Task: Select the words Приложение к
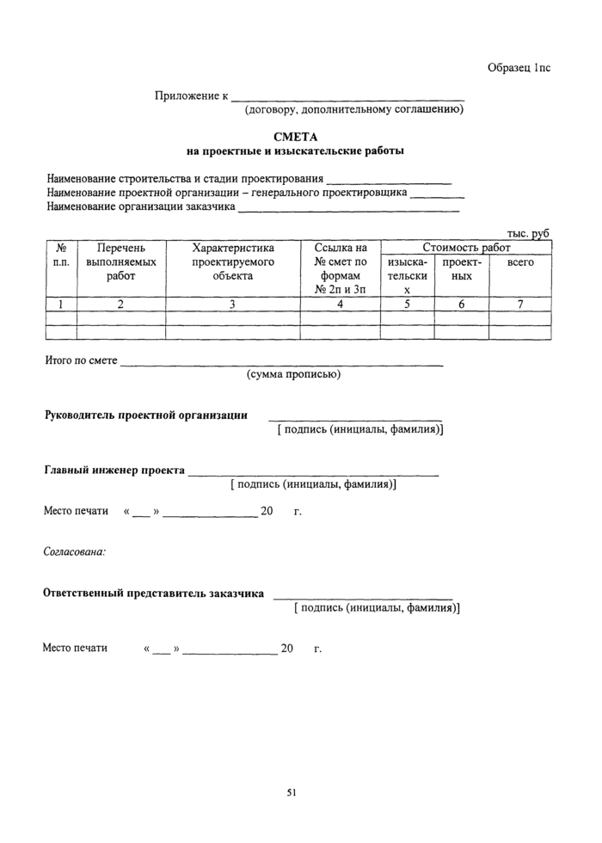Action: coord(191,95)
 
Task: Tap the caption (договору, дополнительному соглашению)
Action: coord(354,110)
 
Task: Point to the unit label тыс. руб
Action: coord(528,233)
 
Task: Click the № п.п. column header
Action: coord(61,255)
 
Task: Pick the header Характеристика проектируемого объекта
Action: coord(232,262)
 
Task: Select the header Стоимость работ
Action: coord(466,248)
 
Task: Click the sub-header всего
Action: coord(520,262)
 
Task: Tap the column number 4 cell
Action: coord(341,303)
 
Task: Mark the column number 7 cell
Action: coord(520,303)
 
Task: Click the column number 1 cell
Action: coord(61,303)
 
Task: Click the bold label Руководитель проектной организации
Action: coord(146,415)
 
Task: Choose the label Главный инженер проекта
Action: coord(114,471)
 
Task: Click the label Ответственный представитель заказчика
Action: coord(154,594)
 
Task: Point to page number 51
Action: coord(292,792)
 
